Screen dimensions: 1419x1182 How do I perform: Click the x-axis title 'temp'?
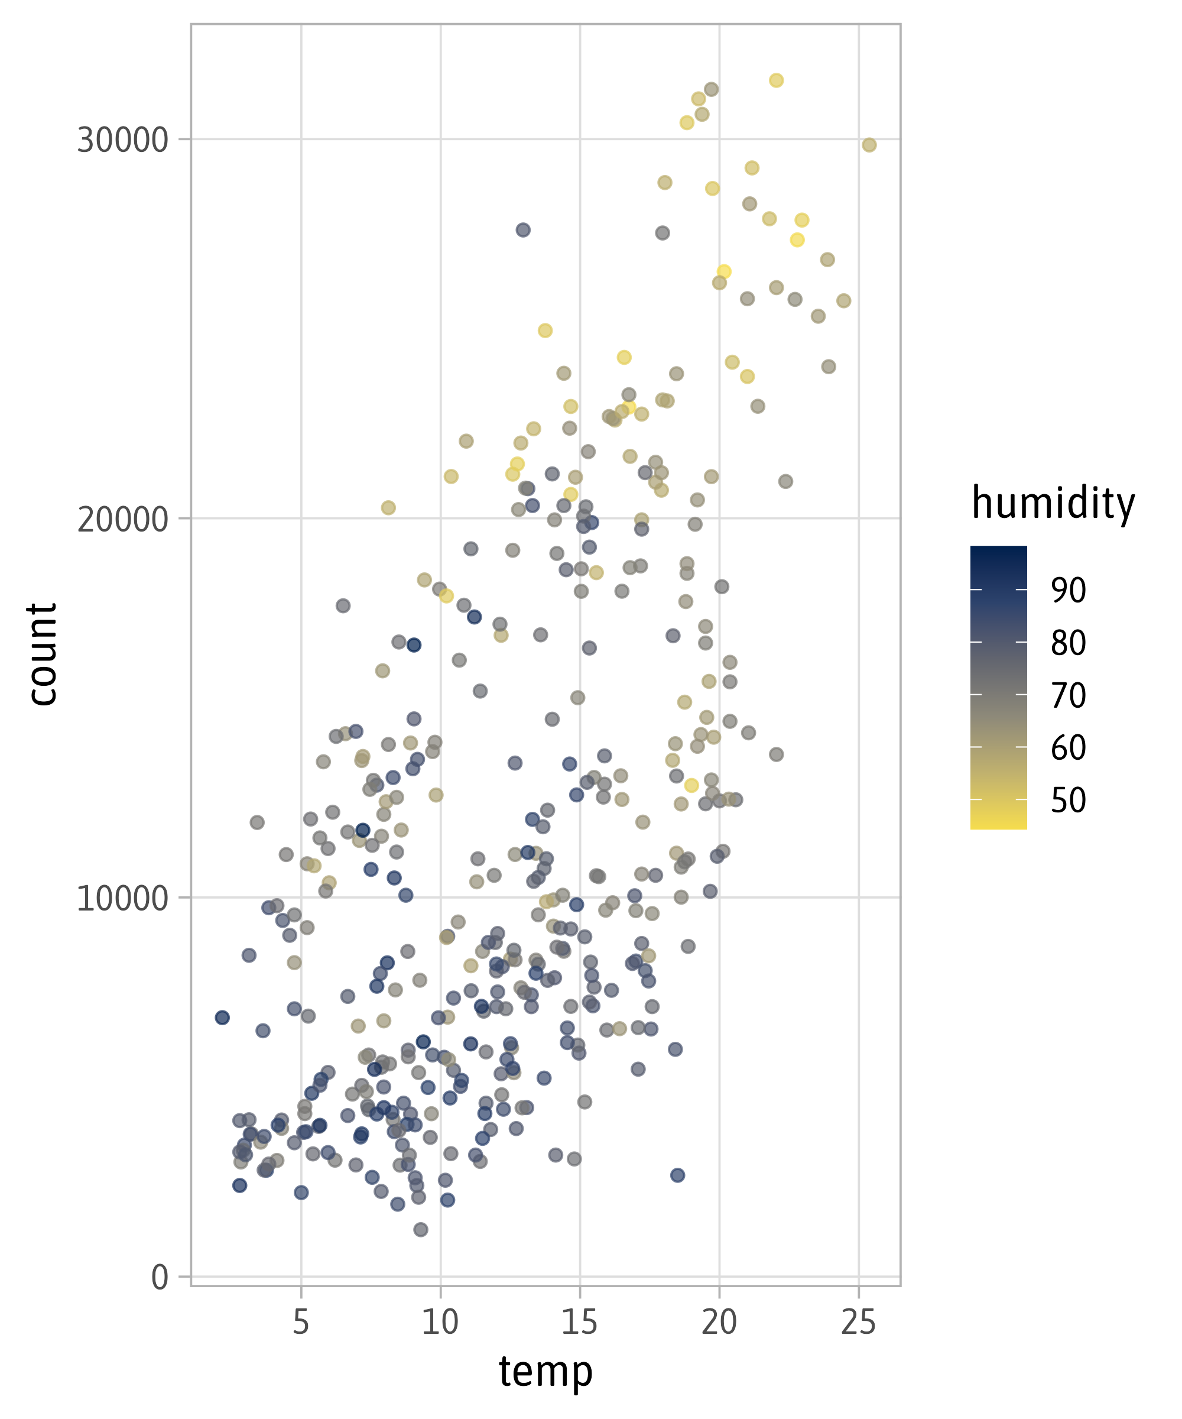(545, 1372)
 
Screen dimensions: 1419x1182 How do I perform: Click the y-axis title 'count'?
(42, 655)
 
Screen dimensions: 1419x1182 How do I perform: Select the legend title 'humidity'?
(1053, 503)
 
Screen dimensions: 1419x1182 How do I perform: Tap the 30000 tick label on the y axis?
(122, 140)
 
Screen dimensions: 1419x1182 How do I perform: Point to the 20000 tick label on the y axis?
(122, 519)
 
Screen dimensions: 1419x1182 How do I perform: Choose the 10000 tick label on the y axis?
(122, 898)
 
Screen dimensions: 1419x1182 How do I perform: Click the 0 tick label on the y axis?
(160, 1277)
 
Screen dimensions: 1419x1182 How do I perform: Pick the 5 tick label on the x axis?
(301, 1321)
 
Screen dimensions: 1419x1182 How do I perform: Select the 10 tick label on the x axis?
(440, 1321)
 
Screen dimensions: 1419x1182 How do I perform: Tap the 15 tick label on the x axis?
(580, 1321)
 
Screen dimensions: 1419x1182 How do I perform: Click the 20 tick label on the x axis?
(719, 1321)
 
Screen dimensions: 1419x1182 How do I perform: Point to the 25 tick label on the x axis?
(859, 1321)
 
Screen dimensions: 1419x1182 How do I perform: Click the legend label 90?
(1068, 590)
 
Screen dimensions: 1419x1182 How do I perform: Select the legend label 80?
(1068, 643)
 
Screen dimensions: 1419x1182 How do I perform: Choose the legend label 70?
(1068, 695)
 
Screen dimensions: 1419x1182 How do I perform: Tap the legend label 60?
(1068, 747)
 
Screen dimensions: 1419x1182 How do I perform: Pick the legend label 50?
(1068, 800)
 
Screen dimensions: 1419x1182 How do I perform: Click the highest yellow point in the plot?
(776, 80)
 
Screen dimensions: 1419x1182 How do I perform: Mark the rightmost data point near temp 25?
(869, 145)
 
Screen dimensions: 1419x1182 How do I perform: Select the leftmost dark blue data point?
(222, 1017)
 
